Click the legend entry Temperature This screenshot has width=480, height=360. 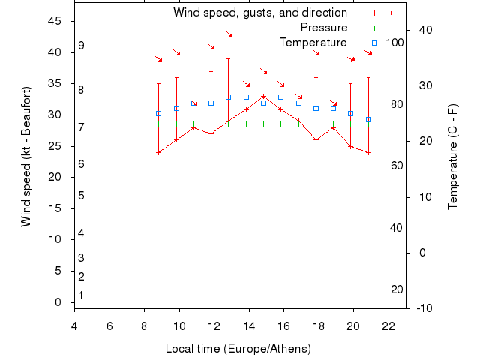pos(313,43)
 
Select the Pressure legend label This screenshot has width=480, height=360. pos(319,28)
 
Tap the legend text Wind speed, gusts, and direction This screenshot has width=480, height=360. pos(259,13)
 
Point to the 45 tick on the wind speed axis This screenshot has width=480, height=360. pos(55,21)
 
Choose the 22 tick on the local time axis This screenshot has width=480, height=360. pos(388,325)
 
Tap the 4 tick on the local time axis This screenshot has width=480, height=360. pos(74,325)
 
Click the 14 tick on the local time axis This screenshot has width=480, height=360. pos(249,325)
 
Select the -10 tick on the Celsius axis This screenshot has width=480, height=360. pos(424,307)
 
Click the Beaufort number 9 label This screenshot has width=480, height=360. pos(81,46)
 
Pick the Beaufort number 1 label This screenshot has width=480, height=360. pos(81,295)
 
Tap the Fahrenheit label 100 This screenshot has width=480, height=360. pos(394,43)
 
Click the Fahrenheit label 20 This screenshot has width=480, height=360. pos(397,289)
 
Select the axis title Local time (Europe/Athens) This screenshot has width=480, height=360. pos(238,349)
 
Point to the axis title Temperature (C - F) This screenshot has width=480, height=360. pos(453,156)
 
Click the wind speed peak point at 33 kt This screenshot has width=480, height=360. pos(263,96)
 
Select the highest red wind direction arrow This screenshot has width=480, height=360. pos(229,34)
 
